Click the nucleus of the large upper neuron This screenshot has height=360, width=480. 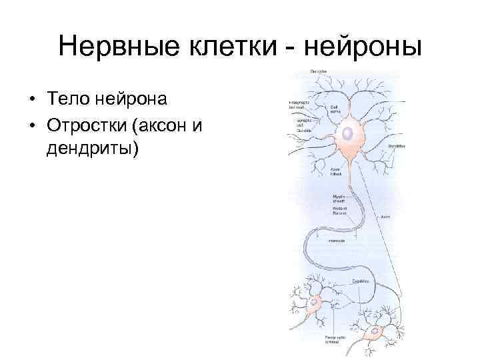tap(347, 134)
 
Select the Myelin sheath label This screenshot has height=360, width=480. tap(340, 198)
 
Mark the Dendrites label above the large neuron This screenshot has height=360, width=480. tap(317, 71)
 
